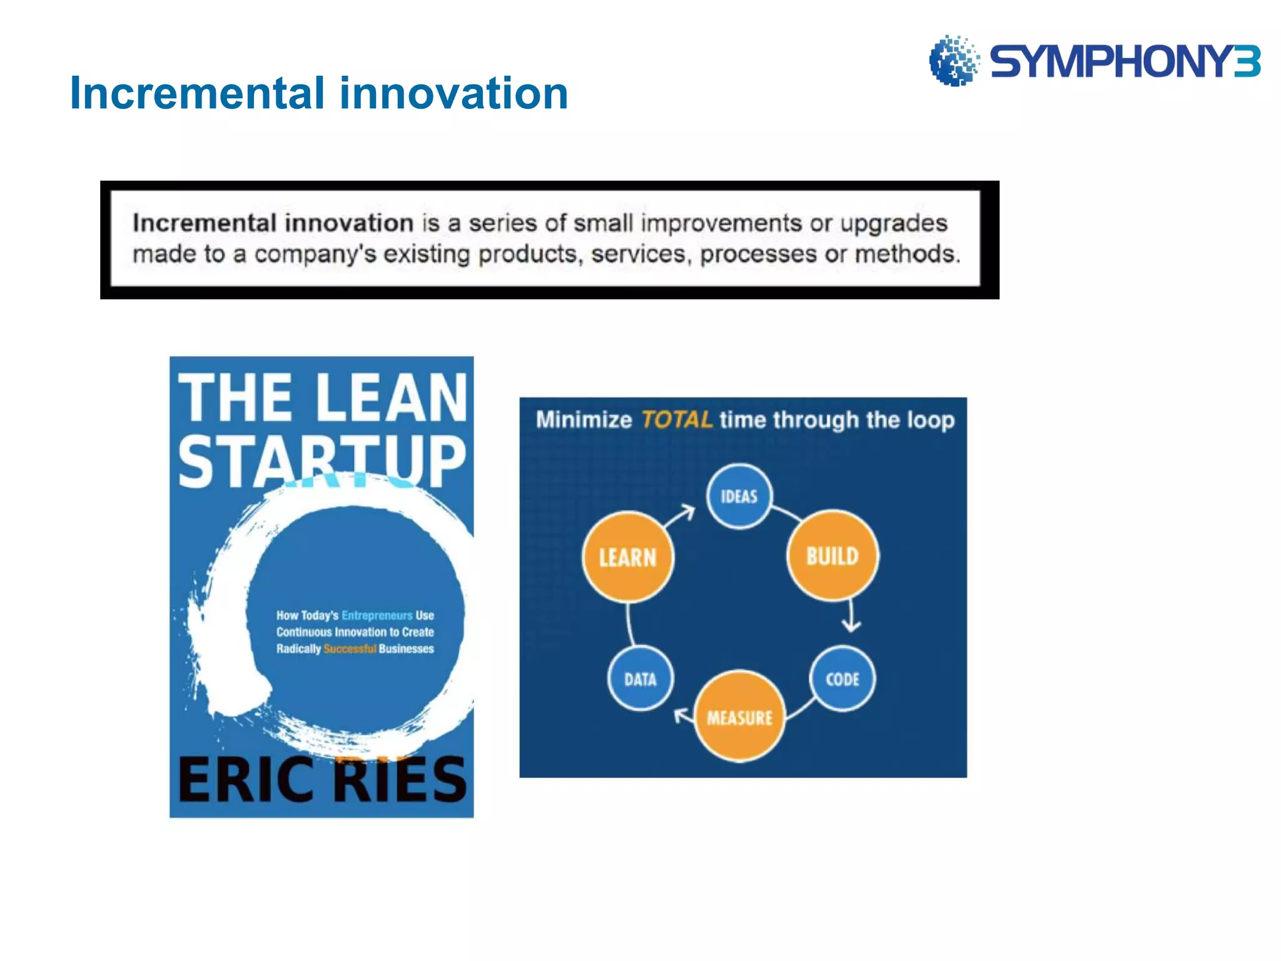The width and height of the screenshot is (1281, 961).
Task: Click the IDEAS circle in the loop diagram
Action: [739, 496]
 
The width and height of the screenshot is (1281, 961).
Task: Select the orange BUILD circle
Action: [833, 556]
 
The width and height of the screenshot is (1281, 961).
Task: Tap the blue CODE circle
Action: [842, 679]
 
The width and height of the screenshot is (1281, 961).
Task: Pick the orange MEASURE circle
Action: [740, 717]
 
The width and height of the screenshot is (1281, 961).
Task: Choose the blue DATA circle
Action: [640, 679]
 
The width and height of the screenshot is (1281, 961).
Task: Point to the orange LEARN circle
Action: [628, 557]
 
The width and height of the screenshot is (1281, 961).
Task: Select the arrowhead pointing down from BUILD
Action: [851, 625]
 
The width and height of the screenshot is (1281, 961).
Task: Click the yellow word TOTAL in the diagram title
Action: [677, 419]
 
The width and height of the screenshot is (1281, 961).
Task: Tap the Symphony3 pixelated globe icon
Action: [953, 61]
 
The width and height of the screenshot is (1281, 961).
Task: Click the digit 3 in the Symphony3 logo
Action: [1247, 61]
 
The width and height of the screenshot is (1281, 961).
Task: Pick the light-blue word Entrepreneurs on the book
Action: [377, 615]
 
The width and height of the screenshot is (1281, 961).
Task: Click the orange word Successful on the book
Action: [350, 649]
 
